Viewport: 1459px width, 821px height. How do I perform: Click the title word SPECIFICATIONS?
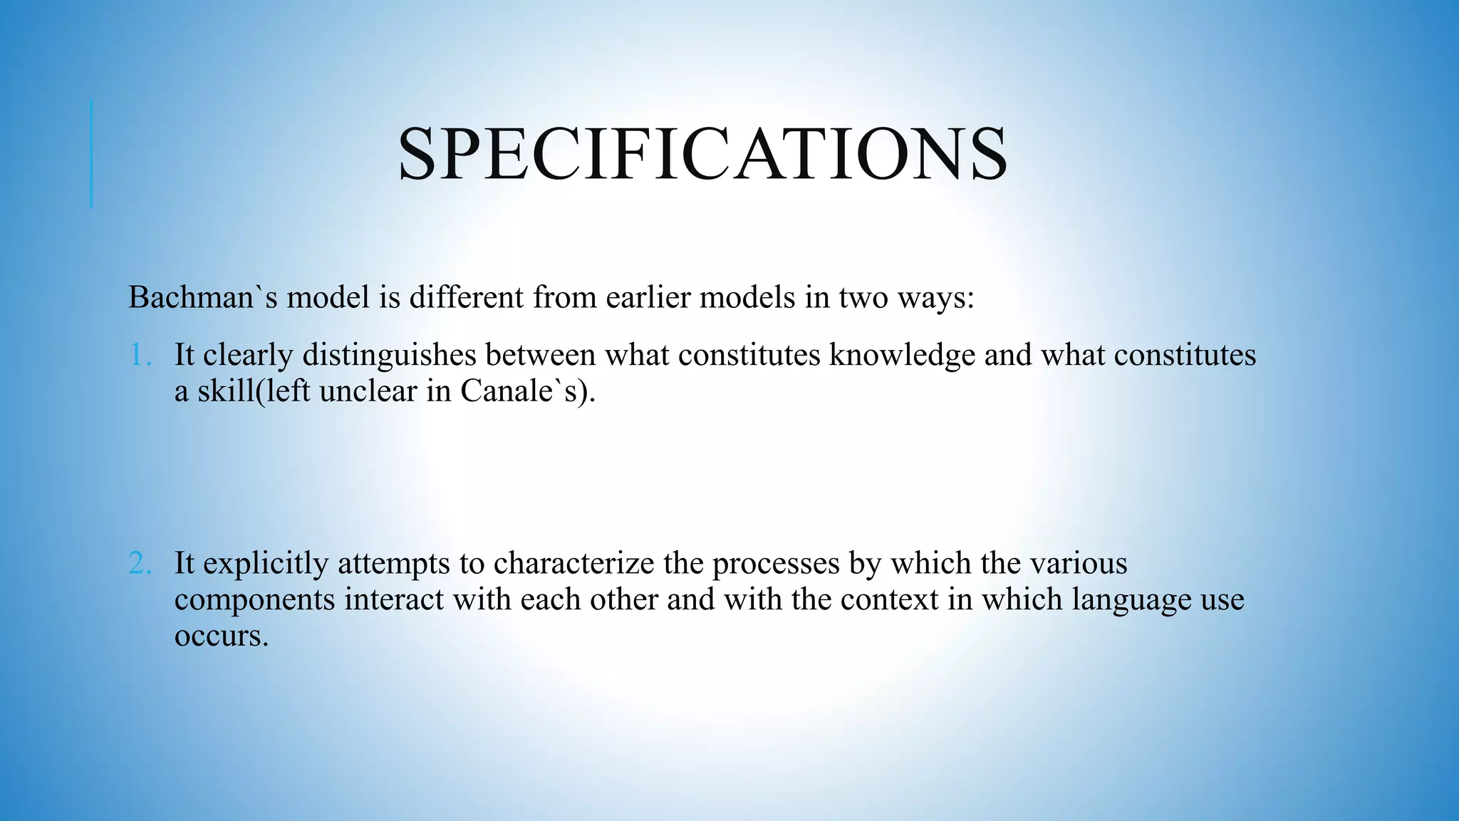[702, 155]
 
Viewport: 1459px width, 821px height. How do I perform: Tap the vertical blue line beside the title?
[92, 154]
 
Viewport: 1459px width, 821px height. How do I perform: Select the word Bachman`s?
[202, 297]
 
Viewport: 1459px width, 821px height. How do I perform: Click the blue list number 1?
[140, 355]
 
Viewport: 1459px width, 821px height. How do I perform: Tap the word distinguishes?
[389, 355]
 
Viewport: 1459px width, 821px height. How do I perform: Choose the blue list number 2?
[140, 564]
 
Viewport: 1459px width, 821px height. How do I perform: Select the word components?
[254, 599]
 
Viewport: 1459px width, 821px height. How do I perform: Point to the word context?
[889, 599]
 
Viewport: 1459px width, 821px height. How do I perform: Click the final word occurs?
[221, 636]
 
